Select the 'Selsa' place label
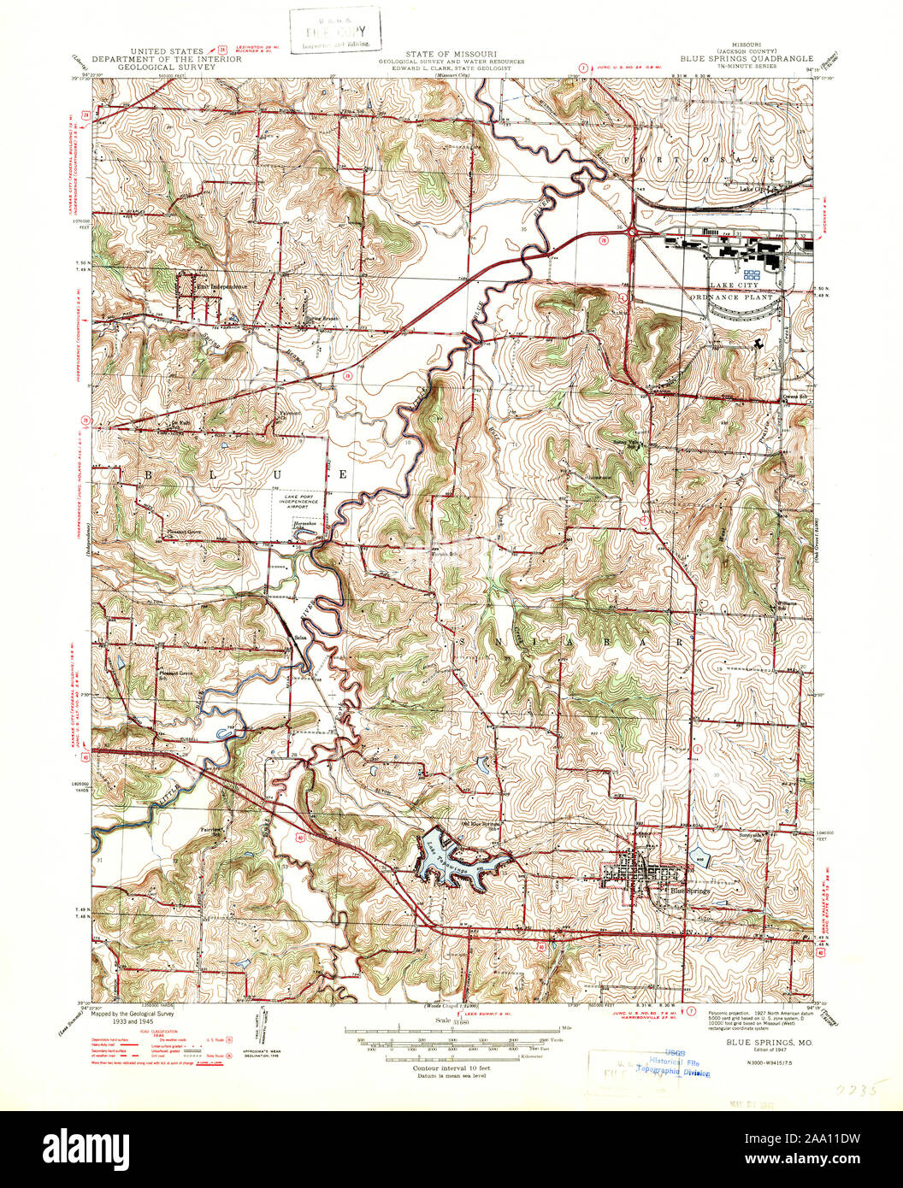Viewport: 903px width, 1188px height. (x=301, y=638)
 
